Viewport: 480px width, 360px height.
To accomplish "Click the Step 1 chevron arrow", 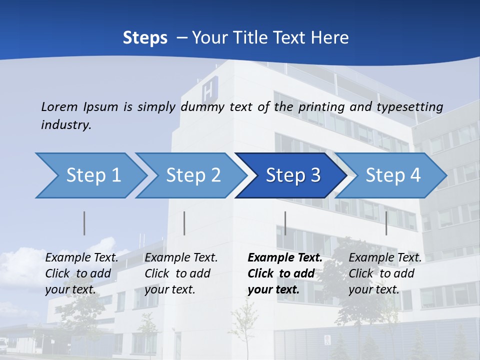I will point(93,175).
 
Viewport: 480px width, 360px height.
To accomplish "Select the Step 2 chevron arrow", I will point(193,175).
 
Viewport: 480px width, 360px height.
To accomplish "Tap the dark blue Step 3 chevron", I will point(292,175).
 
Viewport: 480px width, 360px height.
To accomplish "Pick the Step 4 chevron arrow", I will point(392,175).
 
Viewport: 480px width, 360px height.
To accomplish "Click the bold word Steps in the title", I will point(145,38).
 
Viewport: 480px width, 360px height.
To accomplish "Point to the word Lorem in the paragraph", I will point(59,106).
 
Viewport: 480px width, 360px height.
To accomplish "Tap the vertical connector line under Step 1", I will point(84,223).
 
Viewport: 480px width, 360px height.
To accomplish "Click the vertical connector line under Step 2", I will point(184,223).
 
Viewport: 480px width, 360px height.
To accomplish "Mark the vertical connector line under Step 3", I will point(285,223).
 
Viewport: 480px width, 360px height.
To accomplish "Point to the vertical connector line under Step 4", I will point(386,223).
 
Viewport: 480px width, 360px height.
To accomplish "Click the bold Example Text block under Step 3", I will point(285,273).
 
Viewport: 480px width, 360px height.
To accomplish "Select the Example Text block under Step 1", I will point(81,273).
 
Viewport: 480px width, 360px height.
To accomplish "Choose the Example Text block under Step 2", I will point(181,273).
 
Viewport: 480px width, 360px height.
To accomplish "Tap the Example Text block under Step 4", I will point(385,273).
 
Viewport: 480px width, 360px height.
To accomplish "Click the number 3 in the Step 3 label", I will point(315,175).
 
